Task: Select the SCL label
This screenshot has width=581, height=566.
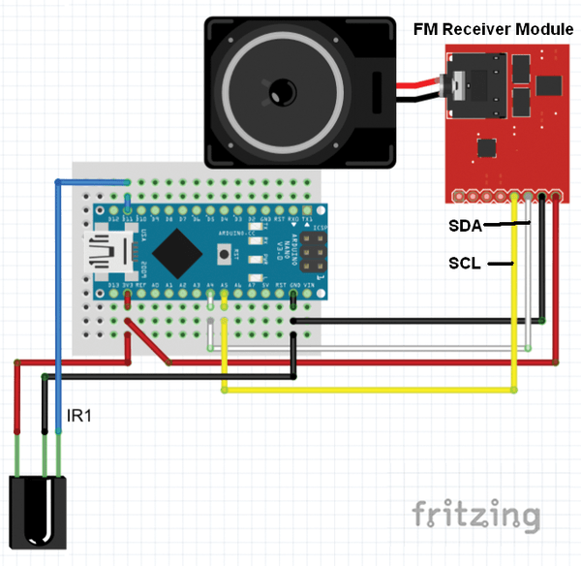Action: (465, 263)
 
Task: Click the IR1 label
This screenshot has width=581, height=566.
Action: (79, 416)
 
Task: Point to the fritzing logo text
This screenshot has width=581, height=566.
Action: (475, 515)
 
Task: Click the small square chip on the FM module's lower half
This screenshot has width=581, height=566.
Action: (484, 146)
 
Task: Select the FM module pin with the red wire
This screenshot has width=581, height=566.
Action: (558, 197)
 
